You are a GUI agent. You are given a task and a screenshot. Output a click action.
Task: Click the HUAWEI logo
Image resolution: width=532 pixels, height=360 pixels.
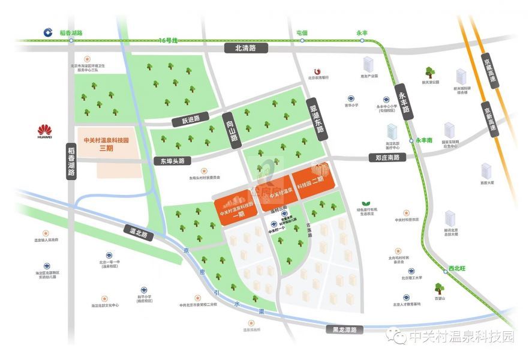pyautogui.click(x=45, y=131)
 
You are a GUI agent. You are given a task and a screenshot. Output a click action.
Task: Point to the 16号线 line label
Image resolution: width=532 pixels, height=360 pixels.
pyautogui.click(x=170, y=40)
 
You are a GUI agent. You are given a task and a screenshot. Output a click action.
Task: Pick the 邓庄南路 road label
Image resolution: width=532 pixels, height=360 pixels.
pyautogui.click(x=387, y=158)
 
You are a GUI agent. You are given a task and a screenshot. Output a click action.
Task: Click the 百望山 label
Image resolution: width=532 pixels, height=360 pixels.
pyautogui.click(x=440, y=299)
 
